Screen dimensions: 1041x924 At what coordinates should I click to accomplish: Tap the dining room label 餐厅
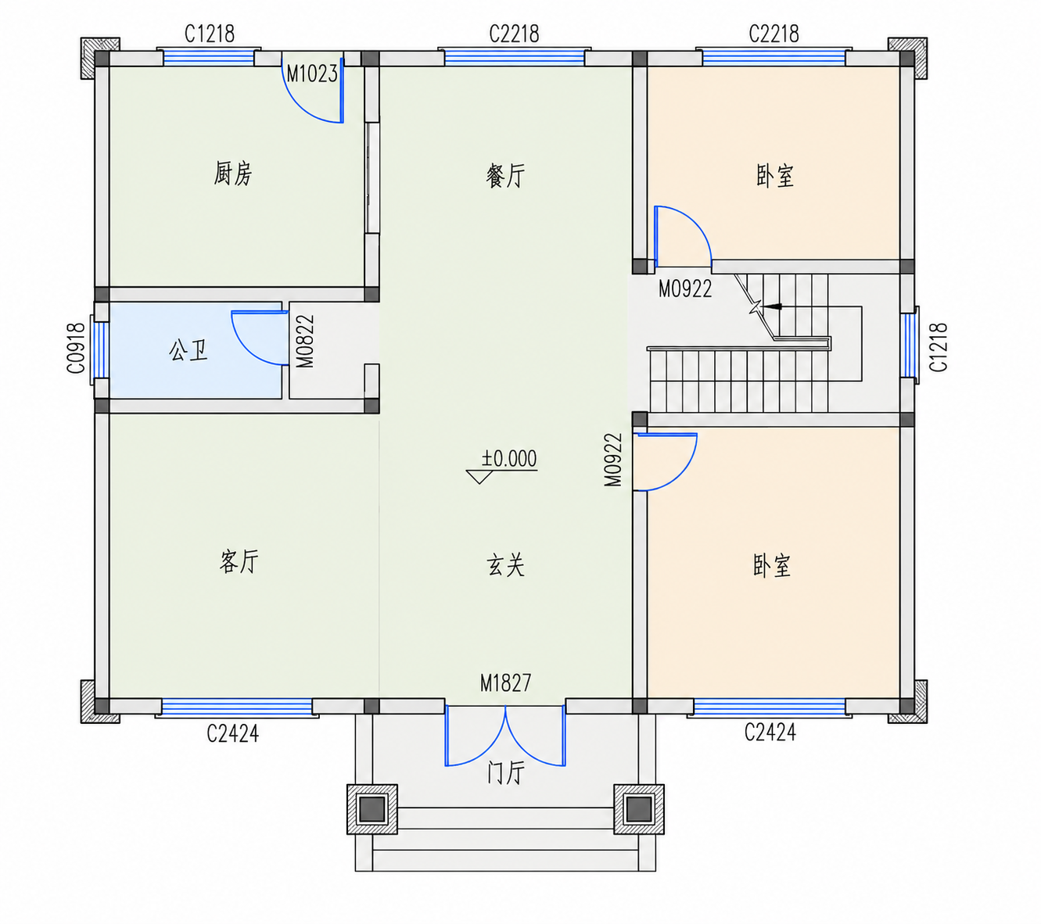(505, 176)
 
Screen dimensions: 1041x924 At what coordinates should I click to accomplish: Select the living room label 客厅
(239, 560)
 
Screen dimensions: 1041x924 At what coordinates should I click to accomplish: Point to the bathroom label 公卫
(188, 350)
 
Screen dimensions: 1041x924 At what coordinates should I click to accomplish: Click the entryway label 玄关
(505, 565)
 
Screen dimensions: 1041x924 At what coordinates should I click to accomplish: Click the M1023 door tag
(312, 74)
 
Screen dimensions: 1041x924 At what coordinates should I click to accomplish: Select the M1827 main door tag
(505, 682)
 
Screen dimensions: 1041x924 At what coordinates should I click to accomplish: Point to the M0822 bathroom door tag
(305, 341)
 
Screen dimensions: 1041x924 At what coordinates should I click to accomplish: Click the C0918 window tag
(76, 348)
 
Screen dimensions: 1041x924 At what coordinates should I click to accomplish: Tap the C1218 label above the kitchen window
(209, 34)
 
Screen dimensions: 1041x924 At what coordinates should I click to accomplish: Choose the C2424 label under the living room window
(232, 733)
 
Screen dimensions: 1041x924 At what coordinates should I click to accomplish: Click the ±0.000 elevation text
(509, 458)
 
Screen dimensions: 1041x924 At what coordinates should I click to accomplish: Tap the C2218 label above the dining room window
(514, 34)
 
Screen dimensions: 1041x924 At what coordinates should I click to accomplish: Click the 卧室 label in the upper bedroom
(775, 176)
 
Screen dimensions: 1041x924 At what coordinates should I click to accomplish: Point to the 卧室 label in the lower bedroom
(772, 565)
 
